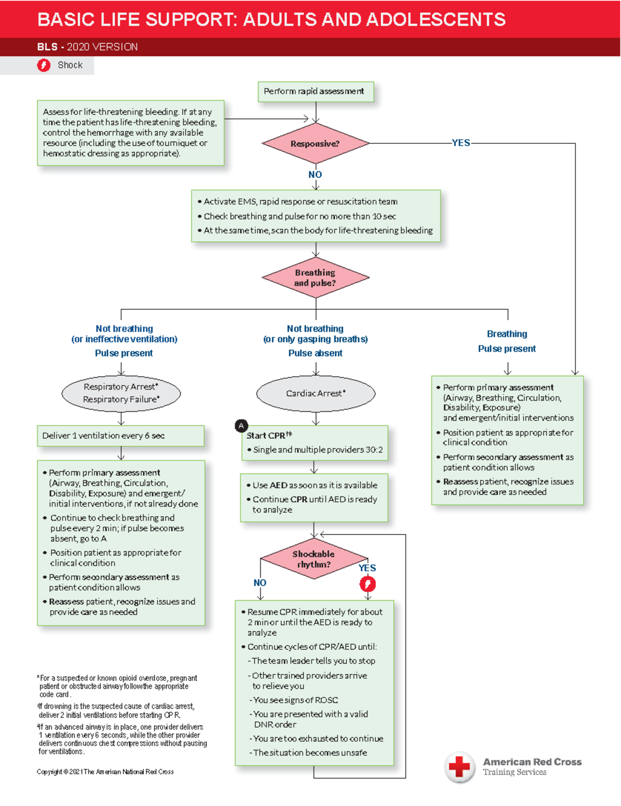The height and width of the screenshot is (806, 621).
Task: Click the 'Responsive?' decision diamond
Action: [315, 144]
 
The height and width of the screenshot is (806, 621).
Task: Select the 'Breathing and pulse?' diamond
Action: [315, 278]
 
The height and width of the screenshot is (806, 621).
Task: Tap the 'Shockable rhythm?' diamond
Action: [314, 559]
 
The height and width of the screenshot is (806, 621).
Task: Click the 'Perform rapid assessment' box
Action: [315, 92]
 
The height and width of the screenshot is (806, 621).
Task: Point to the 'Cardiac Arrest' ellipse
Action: [316, 394]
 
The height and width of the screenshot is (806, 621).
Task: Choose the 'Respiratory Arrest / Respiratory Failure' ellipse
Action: [121, 393]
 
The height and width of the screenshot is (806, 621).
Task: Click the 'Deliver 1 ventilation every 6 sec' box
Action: [121, 436]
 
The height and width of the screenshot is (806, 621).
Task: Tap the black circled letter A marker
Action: [241, 426]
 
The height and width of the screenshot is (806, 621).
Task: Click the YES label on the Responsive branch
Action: [461, 143]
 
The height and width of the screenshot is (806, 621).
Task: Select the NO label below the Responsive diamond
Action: [315, 175]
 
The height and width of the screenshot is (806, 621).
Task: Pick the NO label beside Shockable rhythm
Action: [260, 583]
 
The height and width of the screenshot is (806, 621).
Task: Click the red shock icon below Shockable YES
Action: [368, 584]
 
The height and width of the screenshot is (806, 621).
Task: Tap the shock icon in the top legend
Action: [44, 65]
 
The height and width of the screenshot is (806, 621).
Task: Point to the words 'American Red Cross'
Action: [532, 762]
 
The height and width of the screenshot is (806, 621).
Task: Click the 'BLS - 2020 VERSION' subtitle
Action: [87, 47]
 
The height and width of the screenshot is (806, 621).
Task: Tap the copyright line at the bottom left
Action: [105, 772]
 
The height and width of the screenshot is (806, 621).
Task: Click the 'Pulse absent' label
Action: [315, 353]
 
